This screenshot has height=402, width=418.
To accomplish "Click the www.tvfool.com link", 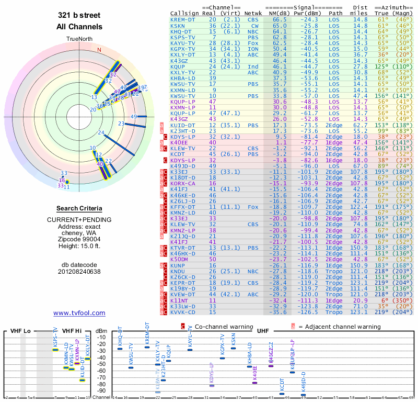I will (x=79, y=313).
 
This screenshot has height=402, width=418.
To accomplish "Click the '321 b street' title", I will (x=79, y=15).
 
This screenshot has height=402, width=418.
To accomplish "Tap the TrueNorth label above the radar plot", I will (x=79, y=39).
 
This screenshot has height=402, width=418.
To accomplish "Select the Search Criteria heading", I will (x=79, y=208).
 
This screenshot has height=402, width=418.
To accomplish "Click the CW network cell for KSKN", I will (x=254, y=25).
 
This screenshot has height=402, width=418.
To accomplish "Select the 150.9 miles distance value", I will (x=360, y=265).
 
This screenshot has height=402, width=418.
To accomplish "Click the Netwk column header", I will (x=253, y=14).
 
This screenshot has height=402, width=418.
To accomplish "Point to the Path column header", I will (x=335, y=14).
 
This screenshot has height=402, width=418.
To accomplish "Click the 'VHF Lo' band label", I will (x=20, y=331).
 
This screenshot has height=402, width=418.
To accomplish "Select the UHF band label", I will (x=263, y=331).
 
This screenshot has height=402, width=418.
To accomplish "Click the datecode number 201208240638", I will (x=79, y=272).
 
